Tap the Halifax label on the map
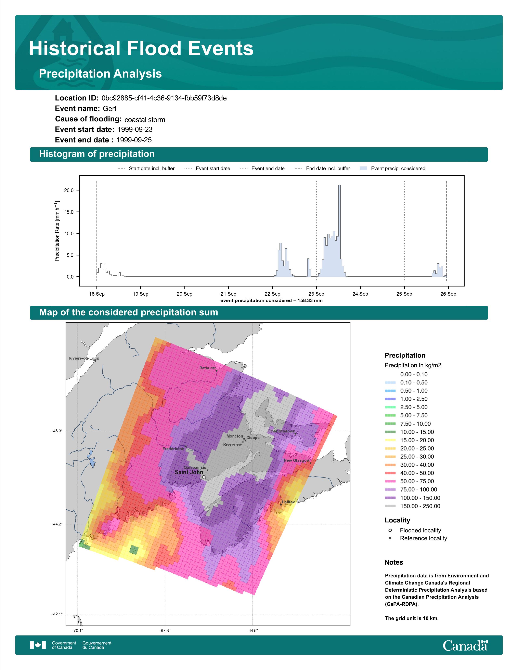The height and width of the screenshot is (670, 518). [x=288, y=502]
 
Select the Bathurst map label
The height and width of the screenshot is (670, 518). [x=207, y=368]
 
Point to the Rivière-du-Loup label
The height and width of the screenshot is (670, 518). [x=84, y=358]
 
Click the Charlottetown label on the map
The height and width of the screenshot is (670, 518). [x=282, y=431]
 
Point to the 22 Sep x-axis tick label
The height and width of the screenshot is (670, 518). [x=272, y=294]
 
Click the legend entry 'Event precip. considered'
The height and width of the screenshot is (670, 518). [x=392, y=169]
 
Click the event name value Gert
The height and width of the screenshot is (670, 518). [x=109, y=109]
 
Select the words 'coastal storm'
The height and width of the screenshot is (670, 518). [x=145, y=120]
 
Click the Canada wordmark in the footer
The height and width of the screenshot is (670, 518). [x=465, y=645]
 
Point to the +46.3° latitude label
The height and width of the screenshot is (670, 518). [x=57, y=431]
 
